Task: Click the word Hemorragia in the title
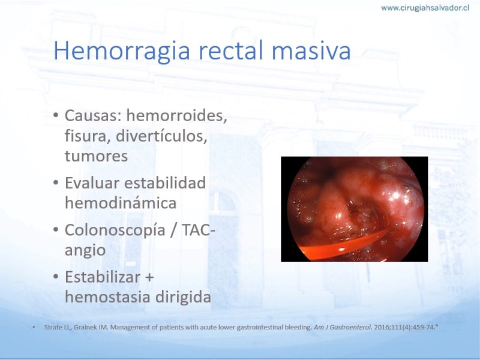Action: click(122, 51)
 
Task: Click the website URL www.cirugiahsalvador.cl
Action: click(425, 8)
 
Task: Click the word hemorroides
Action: click(176, 116)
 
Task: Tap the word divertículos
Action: click(161, 136)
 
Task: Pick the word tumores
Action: click(96, 156)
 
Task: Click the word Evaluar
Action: click(92, 183)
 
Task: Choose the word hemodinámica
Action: click(121, 203)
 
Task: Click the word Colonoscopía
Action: click(115, 230)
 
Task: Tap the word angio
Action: click(85, 251)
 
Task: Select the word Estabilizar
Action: click(103, 277)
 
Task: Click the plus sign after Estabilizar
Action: click(149, 278)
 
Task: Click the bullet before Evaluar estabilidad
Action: click(56, 183)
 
